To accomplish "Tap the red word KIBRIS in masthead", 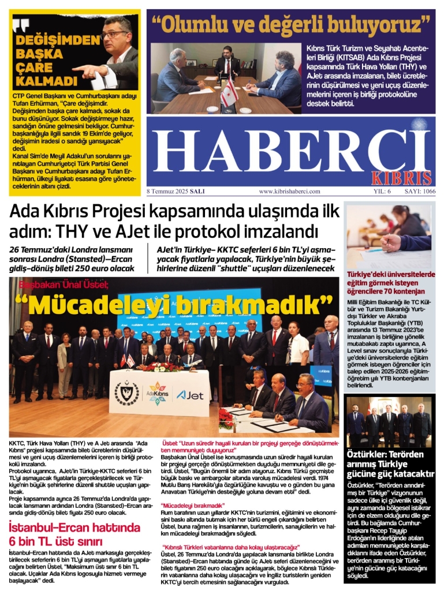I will pos(409,177).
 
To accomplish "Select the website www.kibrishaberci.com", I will pos(289,191).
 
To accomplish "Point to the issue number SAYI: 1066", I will pos(420,191).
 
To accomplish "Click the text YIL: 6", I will pos(382,191).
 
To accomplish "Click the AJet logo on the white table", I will pos(189,395).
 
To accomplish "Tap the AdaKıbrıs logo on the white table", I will pos(158,395).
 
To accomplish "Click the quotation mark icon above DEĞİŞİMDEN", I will pos(20,24).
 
